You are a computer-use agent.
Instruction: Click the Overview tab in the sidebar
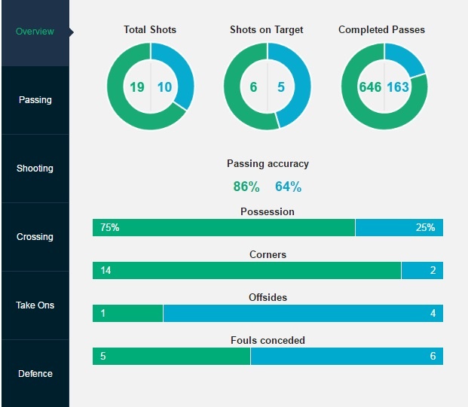coord(35,32)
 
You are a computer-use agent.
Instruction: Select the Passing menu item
coord(35,100)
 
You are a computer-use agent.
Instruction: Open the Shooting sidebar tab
coord(35,169)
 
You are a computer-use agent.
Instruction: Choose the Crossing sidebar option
coord(35,237)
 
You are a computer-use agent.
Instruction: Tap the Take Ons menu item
coord(35,305)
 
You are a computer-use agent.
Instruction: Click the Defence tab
coord(35,374)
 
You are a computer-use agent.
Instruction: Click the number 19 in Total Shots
coord(136,87)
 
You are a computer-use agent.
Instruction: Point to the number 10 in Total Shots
coord(164,87)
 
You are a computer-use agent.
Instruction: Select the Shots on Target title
coord(267,30)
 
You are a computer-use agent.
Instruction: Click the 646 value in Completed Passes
coord(370,87)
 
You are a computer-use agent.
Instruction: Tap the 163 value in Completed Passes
coord(398,87)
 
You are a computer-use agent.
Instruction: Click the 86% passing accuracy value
coord(246,187)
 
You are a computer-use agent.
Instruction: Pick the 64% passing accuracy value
coord(288,187)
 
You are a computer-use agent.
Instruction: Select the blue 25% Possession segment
coord(399,227)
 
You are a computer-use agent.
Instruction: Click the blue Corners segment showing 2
coord(422,270)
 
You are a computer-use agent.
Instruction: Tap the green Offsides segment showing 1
coord(127,313)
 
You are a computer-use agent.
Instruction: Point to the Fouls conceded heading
coord(268,341)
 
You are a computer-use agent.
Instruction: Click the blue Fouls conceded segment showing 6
coord(347,356)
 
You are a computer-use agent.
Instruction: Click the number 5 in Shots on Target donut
coord(281,87)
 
